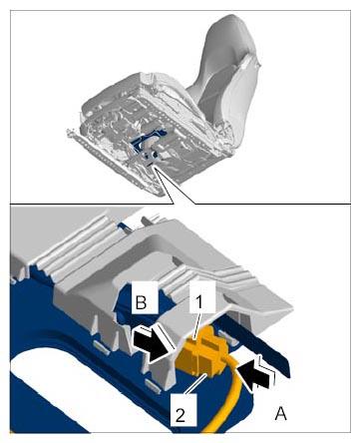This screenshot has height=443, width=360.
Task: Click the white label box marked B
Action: tap(145, 297)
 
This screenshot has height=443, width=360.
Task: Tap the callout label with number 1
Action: tap(202, 296)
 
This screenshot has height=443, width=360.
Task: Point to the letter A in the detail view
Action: tap(281, 414)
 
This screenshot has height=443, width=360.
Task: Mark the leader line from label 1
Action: tap(196, 326)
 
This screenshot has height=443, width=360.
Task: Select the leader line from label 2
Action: tap(196, 383)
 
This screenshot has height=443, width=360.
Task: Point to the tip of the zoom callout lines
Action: tap(154, 169)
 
